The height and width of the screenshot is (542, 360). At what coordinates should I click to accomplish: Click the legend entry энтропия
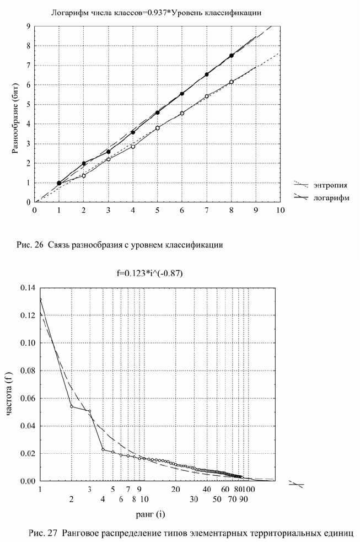pyautogui.click(x=330, y=185)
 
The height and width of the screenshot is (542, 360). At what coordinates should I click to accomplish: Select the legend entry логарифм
pyautogui.click(x=331, y=198)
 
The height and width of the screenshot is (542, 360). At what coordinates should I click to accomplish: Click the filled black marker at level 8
pyautogui.click(x=232, y=56)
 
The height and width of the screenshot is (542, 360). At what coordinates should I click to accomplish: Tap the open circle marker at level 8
pyautogui.click(x=232, y=82)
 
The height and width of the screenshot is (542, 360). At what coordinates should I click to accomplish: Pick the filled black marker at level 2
pyautogui.click(x=84, y=163)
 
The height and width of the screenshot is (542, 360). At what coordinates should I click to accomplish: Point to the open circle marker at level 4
pyautogui.click(x=133, y=147)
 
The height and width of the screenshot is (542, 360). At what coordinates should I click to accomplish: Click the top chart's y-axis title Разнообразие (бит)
pyautogui.click(x=15, y=119)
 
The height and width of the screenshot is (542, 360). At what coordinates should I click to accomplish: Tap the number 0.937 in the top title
pyautogui.click(x=158, y=13)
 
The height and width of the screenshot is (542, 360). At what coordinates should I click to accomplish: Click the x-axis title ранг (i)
pyautogui.click(x=151, y=514)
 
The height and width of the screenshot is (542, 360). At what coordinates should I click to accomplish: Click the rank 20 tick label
pyautogui.click(x=176, y=489)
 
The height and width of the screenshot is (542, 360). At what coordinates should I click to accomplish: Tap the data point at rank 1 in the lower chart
pyautogui.click(x=40, y=300)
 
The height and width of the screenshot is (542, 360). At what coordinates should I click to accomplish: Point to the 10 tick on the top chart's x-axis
pyautogui.click(x=280, y=210)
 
